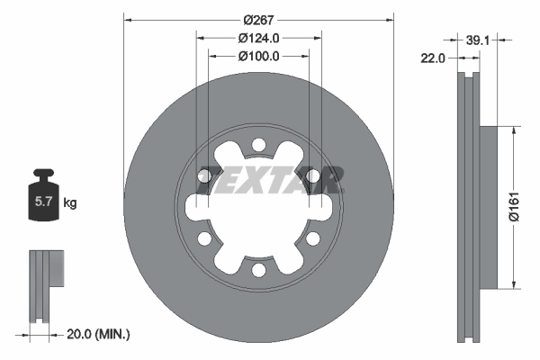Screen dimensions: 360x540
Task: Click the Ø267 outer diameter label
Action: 258,20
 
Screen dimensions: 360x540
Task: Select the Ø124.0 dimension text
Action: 258,38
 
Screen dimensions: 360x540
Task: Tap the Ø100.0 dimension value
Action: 258,56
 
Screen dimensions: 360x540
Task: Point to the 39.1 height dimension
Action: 479,40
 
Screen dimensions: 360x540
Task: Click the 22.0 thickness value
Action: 434,58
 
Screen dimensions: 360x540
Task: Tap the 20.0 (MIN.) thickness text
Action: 99,334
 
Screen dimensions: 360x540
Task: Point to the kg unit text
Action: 69,203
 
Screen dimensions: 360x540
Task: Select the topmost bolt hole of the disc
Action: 258,145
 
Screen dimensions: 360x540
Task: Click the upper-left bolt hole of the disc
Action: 204,175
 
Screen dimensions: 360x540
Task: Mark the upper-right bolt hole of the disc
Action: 312,175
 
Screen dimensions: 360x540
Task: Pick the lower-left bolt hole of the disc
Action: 204,238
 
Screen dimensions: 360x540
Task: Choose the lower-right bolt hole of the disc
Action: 312,238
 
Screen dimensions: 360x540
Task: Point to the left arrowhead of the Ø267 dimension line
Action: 127,20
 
